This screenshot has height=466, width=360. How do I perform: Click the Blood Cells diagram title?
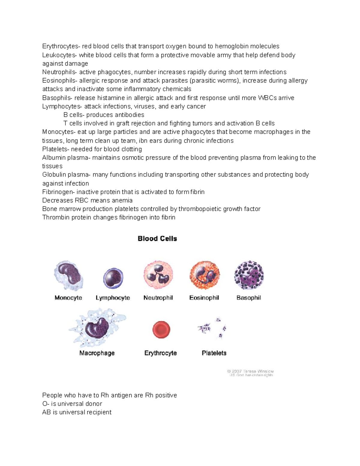point(157,239)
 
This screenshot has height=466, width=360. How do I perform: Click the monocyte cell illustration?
point(68,275)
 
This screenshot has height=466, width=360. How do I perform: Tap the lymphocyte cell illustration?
point(113,278)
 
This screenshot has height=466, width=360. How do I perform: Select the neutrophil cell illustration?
point(158,275)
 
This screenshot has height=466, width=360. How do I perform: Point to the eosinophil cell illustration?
point(204,275)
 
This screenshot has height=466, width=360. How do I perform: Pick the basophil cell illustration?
point(249,275)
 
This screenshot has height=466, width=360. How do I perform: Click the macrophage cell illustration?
point(97,328)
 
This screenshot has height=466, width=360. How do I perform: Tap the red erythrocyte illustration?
point(161,329)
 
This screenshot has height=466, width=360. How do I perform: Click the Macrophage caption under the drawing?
point(97,353)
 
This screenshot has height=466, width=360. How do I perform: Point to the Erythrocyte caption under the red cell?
point(160,353)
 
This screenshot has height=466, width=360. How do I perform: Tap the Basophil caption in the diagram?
point(249,298)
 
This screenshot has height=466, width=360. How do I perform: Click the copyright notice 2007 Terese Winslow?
point(250,373)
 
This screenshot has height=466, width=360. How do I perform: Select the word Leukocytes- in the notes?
point(59,55)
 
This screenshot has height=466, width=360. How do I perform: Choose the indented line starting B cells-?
point(104,115)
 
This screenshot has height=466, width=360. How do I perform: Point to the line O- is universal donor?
point(72,404)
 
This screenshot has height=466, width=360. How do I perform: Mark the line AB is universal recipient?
point(77,412)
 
